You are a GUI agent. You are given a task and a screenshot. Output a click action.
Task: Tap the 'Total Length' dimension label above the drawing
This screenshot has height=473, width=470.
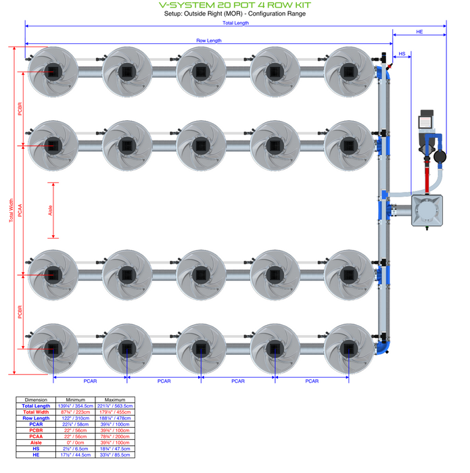235,23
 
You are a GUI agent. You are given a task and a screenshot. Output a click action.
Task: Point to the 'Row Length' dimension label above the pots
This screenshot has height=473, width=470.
209,41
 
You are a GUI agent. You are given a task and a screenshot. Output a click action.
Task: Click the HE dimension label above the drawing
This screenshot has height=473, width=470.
419,32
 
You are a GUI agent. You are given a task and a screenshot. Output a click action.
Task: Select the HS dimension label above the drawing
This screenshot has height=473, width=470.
402,53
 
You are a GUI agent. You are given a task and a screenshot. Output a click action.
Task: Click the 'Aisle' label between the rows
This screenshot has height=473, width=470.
51,210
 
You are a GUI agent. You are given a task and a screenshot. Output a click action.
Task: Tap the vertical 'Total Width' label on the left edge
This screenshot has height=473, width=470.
11,210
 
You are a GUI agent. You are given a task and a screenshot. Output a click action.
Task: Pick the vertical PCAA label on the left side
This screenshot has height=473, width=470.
20,210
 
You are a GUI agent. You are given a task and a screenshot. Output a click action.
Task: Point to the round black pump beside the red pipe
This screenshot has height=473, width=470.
441,156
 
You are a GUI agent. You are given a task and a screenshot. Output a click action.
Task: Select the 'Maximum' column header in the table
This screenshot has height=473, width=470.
115,399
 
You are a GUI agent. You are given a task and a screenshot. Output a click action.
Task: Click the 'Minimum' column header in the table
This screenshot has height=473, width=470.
75,399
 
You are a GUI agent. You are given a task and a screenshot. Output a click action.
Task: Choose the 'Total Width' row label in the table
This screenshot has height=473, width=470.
36,412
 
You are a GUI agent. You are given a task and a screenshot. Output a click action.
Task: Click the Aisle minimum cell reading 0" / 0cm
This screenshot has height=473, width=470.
75,443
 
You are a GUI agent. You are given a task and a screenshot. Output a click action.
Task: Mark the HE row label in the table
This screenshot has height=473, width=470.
36,455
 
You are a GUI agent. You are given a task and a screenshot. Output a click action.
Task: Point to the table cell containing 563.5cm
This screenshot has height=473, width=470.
115,406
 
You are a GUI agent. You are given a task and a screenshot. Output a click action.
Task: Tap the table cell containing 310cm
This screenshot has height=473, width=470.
75,418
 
